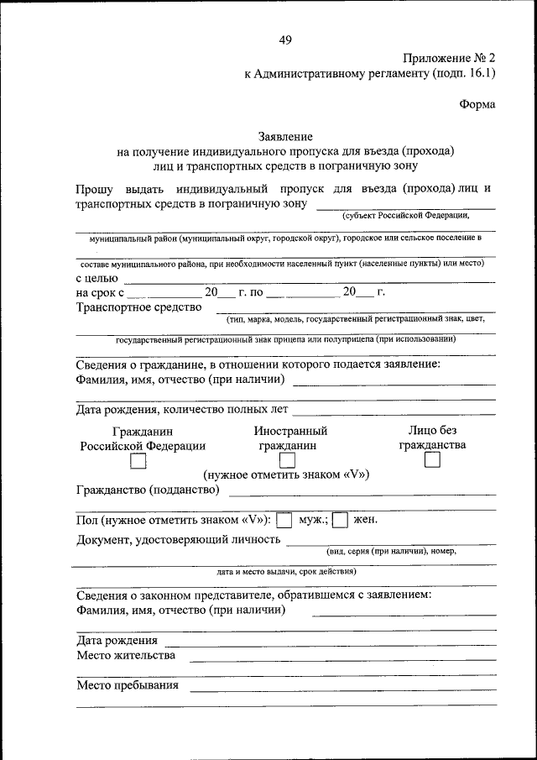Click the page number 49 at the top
pos(286,39)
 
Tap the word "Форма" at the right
pos(477,104)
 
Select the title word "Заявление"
pos(285,136)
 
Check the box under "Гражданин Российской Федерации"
pos(138,461)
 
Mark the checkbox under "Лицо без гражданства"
pos(432,460)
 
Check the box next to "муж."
pos(284,521)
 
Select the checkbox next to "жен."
pos(340,521)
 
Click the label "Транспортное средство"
pos(139,307)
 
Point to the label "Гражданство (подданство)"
pos(148,490)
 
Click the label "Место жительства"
pos(126,655)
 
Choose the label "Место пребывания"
pos(128,685)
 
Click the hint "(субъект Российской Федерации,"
pos(405,216)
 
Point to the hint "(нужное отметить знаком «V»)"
pos(286,474)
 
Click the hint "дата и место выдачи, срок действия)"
pos(286,571)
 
